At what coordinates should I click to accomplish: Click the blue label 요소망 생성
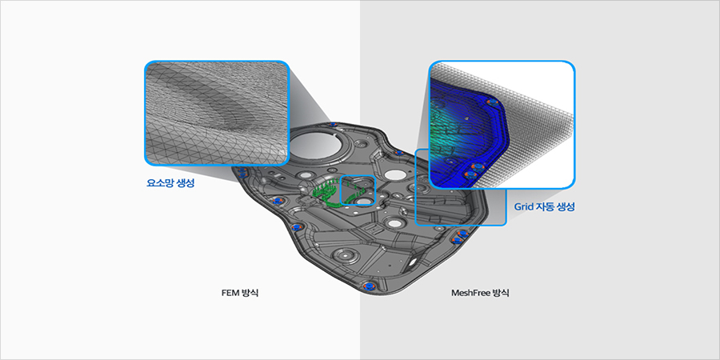point(170,183)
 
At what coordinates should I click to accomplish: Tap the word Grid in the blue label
point(522,207)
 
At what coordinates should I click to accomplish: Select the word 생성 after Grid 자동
point(566,207)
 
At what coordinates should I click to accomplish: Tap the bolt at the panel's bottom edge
point(368,286)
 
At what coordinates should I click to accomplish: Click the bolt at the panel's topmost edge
point(334,125)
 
